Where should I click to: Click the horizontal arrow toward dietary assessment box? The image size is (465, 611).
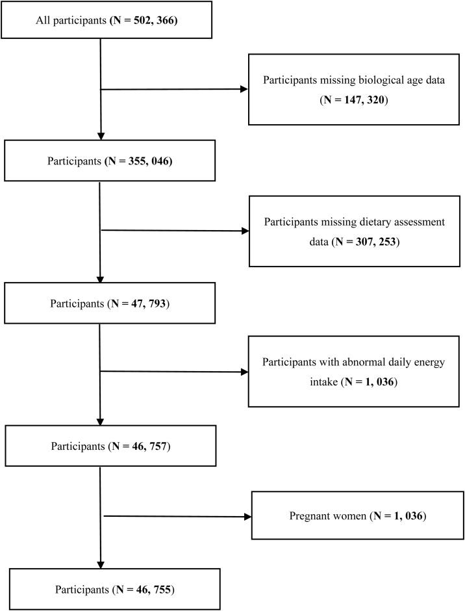pyautogui.click(x=175, y=230)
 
